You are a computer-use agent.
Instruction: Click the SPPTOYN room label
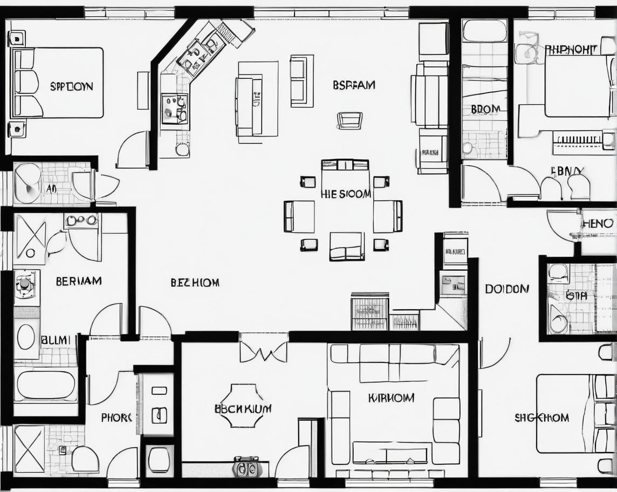click(x=71, y=86)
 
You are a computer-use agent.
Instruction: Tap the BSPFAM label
click(x=354, y=85)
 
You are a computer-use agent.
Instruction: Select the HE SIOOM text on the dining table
click(x=346, y=194)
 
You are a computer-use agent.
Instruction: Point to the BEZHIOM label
click(x=195, y=283)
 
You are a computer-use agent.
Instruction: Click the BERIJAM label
click(x=78, y=281)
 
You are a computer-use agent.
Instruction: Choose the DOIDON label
click(x=507, y=289)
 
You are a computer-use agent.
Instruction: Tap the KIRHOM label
click(x=391, y=398)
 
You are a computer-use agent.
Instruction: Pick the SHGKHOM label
click(x=541, y=418)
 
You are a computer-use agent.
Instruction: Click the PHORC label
click(x=116, y=418)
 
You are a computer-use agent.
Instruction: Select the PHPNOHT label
click(x=571, y=50)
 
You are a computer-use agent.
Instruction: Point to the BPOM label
click(x=485, y=109)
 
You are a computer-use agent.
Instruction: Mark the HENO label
click(x=598, y=223)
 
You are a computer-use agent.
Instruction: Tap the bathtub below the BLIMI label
click(x=46, y=385)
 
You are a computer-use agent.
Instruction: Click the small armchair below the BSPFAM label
click(x=349, y=120)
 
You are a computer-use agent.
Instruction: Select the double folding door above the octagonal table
click(x=263, y=351)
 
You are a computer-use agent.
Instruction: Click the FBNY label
click(x=567, y=171)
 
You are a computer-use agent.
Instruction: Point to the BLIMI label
click(x=56, y=340)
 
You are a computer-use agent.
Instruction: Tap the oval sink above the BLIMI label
click(x=26, y=337)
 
